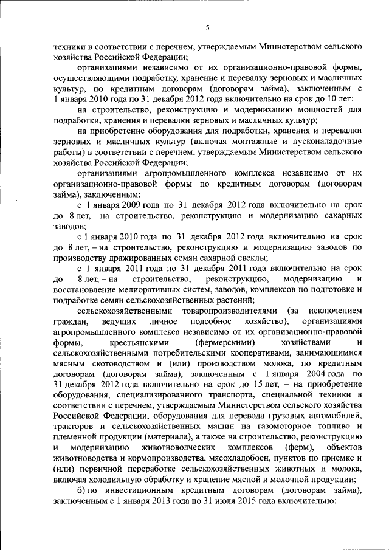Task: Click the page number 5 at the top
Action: (207, 27)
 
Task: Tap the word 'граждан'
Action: (69, 320)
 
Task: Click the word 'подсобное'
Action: (210, 320)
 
